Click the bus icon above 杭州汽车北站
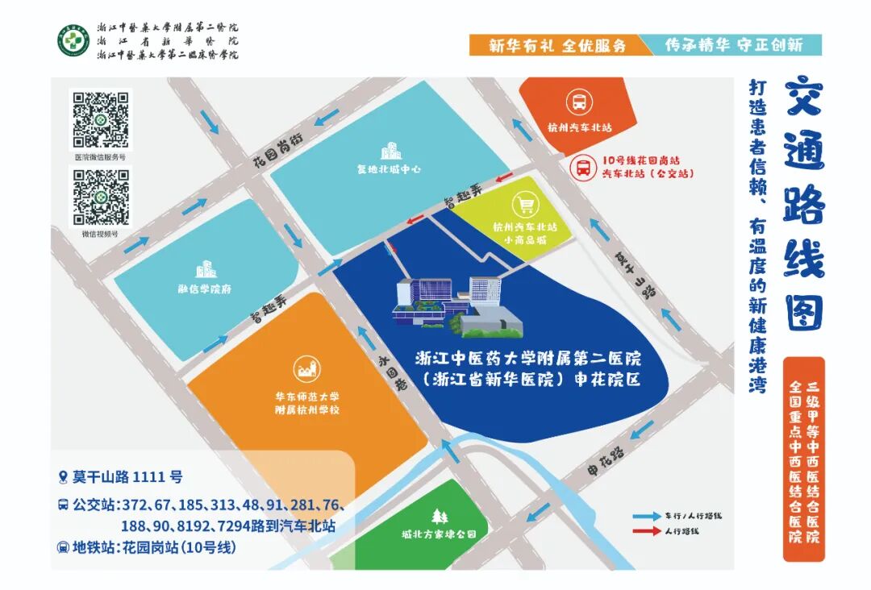point(579,102)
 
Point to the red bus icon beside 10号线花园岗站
point(582,168)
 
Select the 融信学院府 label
point(205,289)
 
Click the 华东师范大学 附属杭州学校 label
point(306,403)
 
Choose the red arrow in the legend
point(645,531)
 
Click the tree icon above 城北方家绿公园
point(440,516)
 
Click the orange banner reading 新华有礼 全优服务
point(557,45)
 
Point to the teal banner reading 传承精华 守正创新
point(733,45)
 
